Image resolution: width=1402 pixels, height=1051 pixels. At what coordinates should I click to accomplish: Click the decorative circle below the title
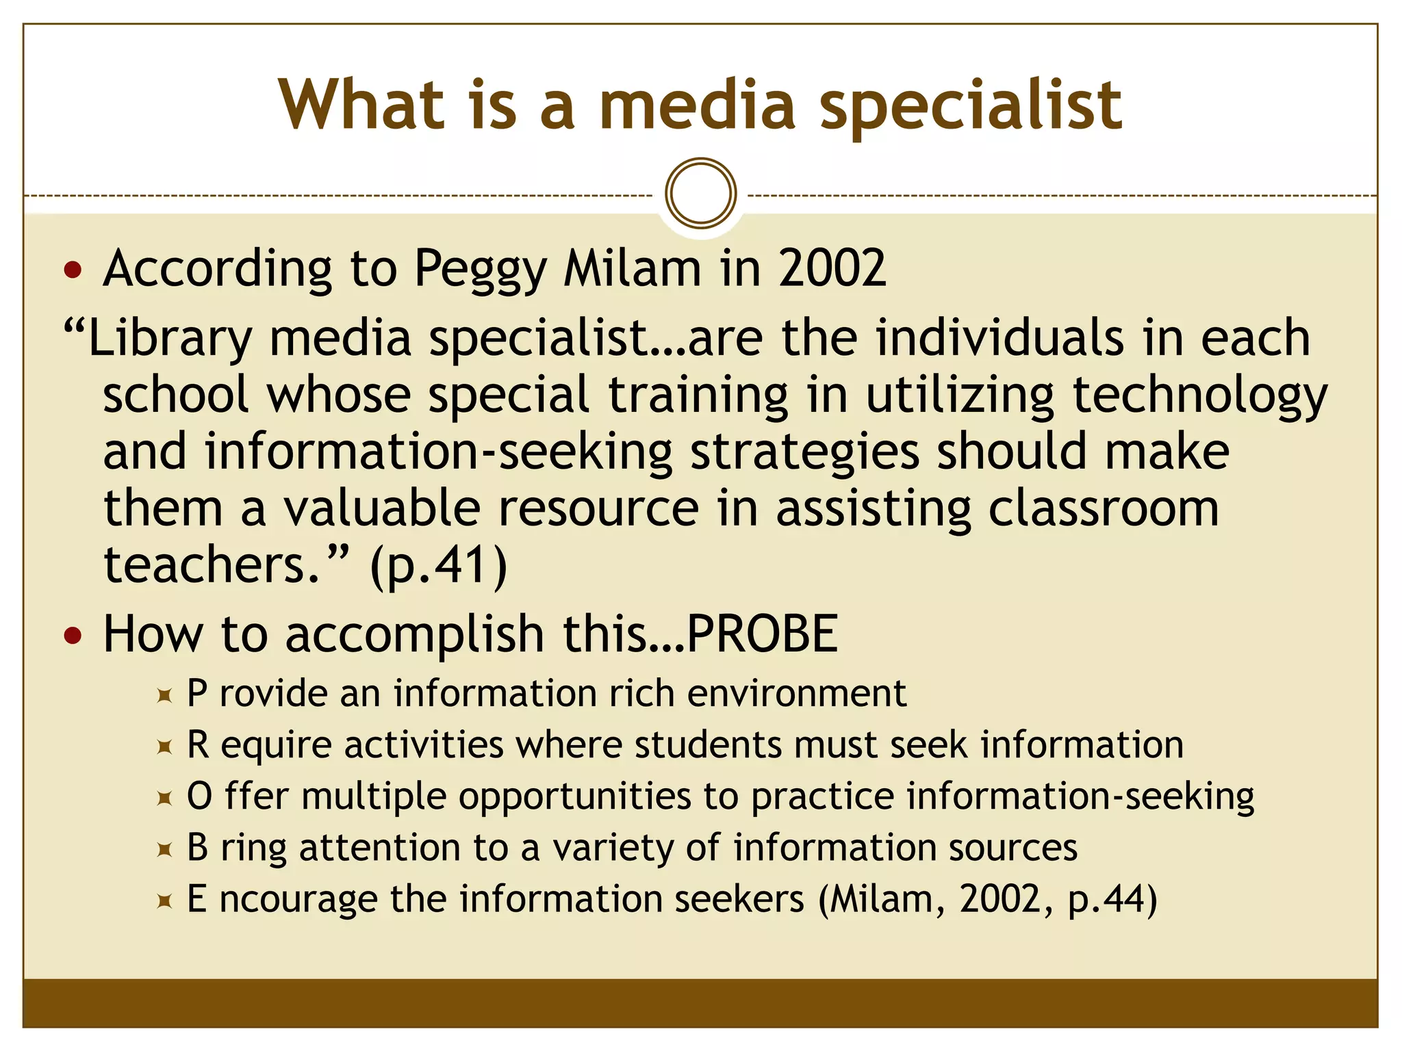[x=700, y=193]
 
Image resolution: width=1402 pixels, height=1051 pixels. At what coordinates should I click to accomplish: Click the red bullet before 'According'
[x=73, y=270]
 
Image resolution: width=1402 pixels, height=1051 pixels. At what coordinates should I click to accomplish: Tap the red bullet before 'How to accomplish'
[x=73, y=636]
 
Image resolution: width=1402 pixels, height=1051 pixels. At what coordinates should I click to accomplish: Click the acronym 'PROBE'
[x=762, y=634]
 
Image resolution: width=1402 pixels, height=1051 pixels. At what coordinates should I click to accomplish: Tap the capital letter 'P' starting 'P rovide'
[x=197, y=693]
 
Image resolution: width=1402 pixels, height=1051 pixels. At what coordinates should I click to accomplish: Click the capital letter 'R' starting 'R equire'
[x=198, y=744]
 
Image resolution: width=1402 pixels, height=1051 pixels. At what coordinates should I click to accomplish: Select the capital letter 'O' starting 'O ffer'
[x=199, y=796]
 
